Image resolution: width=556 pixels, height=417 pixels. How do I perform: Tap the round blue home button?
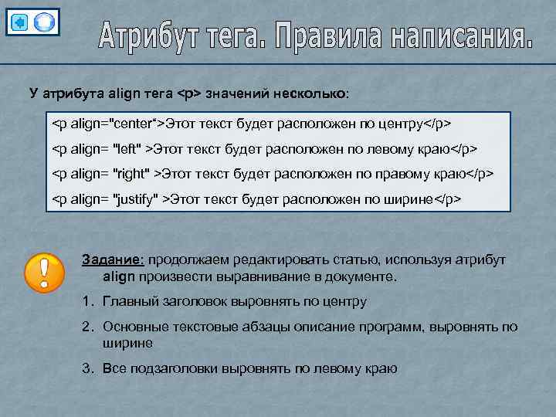point(46,22)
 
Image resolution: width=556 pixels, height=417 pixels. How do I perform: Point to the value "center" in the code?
point(135,124)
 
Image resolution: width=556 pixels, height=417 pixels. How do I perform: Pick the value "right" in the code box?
point(134,173)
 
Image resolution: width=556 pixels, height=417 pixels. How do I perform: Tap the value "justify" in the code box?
point(137,198)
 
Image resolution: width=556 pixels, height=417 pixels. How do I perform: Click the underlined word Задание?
point(113,260)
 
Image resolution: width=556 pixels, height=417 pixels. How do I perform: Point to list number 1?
point(86,301)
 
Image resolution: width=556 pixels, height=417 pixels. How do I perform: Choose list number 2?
point(86,327)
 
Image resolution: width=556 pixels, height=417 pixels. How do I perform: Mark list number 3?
point(86,368)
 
